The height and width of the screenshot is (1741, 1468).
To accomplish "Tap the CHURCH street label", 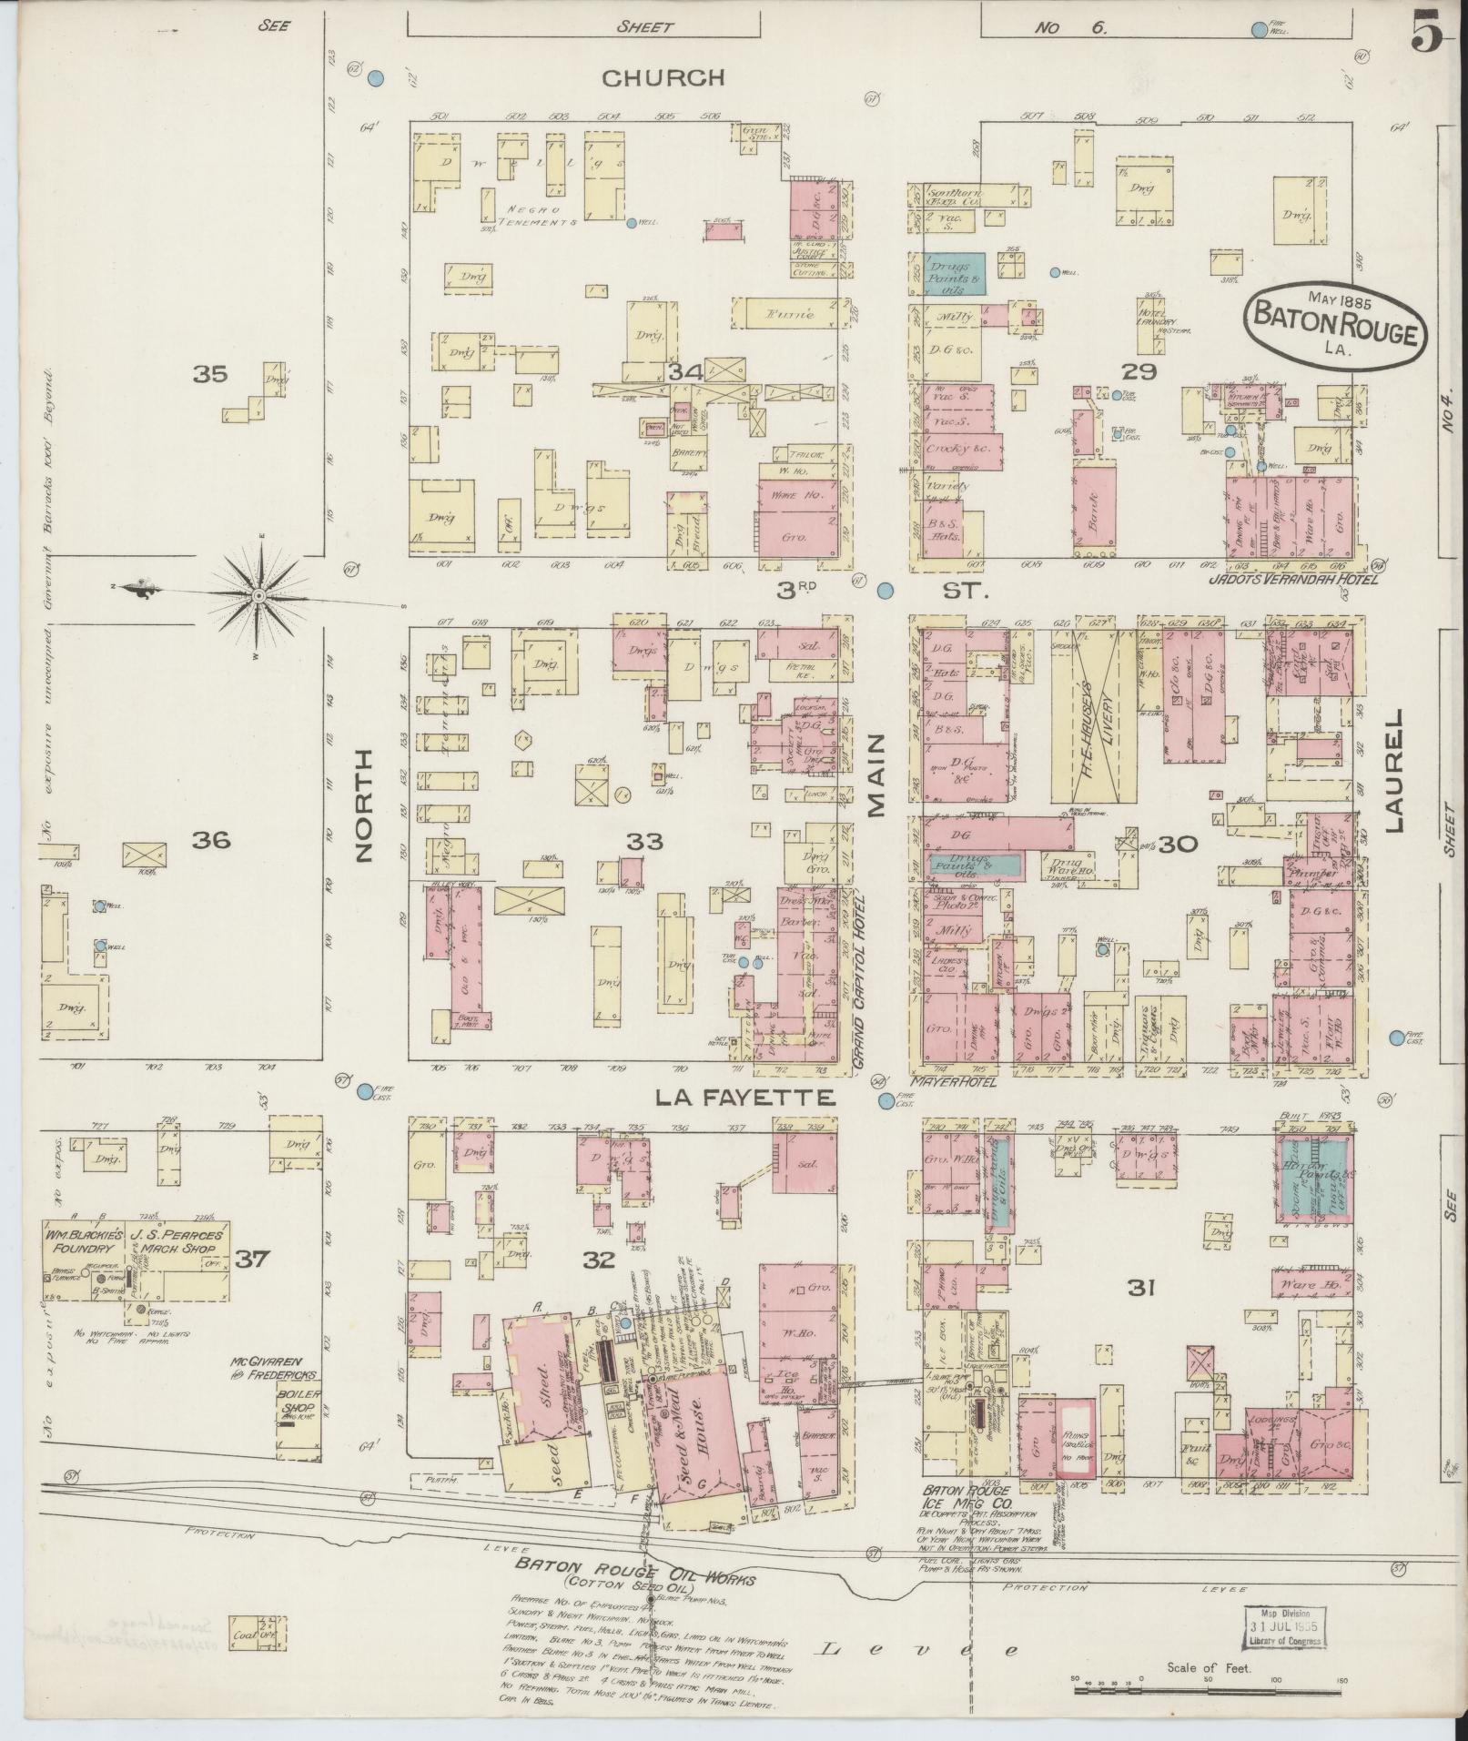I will coord(664,78).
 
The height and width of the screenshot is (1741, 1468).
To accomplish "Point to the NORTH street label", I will coord(364,805).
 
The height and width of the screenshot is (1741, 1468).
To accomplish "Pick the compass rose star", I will coord(260,595).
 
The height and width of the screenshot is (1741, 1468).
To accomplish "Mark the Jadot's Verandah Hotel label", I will coord(1292,578).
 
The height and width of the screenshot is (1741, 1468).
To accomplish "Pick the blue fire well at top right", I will coord(1260,30).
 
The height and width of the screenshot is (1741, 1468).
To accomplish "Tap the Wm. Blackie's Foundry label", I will coord(82,1243).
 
